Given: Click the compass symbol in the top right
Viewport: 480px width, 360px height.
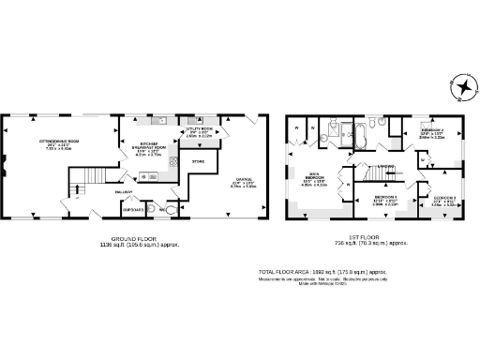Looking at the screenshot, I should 461,87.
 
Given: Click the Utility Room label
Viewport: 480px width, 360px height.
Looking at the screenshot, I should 201,131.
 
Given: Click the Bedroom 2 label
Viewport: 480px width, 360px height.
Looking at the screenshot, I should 430,132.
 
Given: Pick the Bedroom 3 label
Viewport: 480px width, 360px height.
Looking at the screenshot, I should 444,198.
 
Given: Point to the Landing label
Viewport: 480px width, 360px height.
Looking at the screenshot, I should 384,167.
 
